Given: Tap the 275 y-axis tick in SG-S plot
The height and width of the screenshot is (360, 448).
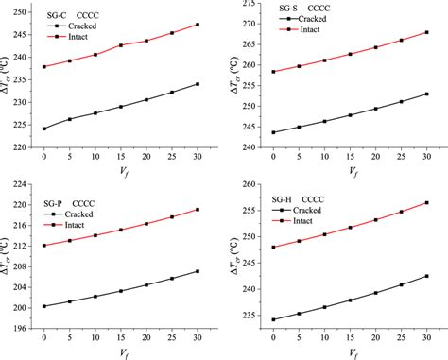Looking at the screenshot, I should click(x=247, y=4).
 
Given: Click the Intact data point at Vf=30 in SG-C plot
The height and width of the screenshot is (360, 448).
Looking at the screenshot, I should click(x=196, y=25).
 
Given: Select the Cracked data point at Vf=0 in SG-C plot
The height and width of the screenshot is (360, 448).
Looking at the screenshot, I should click(x=44, y=129).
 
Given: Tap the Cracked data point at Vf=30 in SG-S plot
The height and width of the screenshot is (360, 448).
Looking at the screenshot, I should click(x=426, y=94).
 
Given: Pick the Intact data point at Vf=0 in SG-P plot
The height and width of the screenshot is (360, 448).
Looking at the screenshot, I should click(x=44, y=246).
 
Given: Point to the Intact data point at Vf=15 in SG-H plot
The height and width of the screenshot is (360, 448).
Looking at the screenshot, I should click(x=351, y=227).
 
